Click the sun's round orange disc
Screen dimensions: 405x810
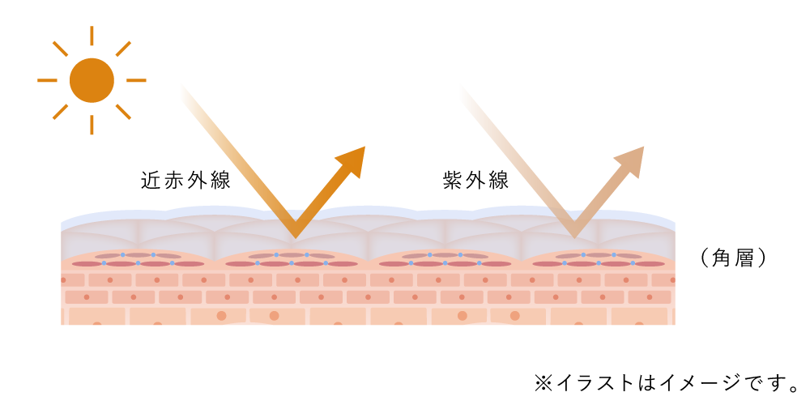tap(92, 80)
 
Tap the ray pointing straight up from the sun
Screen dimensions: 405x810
tap(92, 36)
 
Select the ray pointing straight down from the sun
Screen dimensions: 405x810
tap(92, 125)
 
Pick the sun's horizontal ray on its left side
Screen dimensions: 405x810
tap(47, 80)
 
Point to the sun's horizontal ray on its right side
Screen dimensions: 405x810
tap(136, 80)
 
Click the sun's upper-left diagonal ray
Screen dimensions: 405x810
tap(60, 49)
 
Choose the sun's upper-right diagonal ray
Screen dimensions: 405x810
tap(123, 49)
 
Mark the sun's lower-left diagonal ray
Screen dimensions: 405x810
tap(60, 112)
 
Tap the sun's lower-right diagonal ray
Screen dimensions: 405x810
tap(123, 112)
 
